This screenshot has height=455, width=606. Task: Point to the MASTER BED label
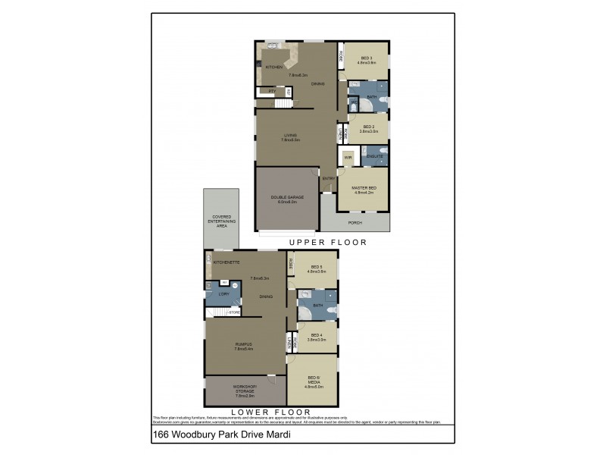[x=365, y=189]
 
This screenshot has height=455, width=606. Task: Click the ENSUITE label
[x=374, y=156]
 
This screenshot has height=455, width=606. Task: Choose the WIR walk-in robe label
[x=348, y=158]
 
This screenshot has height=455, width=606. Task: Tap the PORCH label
[x=355, y=223]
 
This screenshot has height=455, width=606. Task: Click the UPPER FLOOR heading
[x=327, y=243]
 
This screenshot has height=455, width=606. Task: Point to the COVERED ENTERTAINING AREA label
[x=221, y=221]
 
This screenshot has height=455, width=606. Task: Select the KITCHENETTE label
[x=226, y=262]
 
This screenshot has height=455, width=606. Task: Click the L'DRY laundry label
[x=223, y=293]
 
